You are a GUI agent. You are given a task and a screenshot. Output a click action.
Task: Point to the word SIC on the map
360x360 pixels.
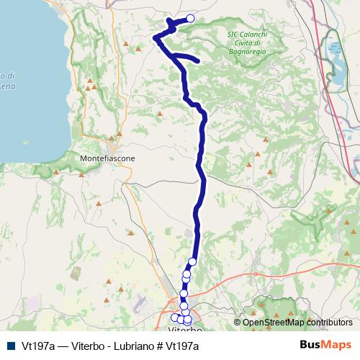(233, 34)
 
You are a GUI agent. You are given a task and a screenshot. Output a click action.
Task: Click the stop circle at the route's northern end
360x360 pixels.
(191, 19)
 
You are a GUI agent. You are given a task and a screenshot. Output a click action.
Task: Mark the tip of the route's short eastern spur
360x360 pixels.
(197, 61)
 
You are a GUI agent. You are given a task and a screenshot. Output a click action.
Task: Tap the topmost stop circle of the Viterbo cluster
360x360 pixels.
(193, 261)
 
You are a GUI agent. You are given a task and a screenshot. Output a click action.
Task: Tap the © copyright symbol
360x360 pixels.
(238, 323)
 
